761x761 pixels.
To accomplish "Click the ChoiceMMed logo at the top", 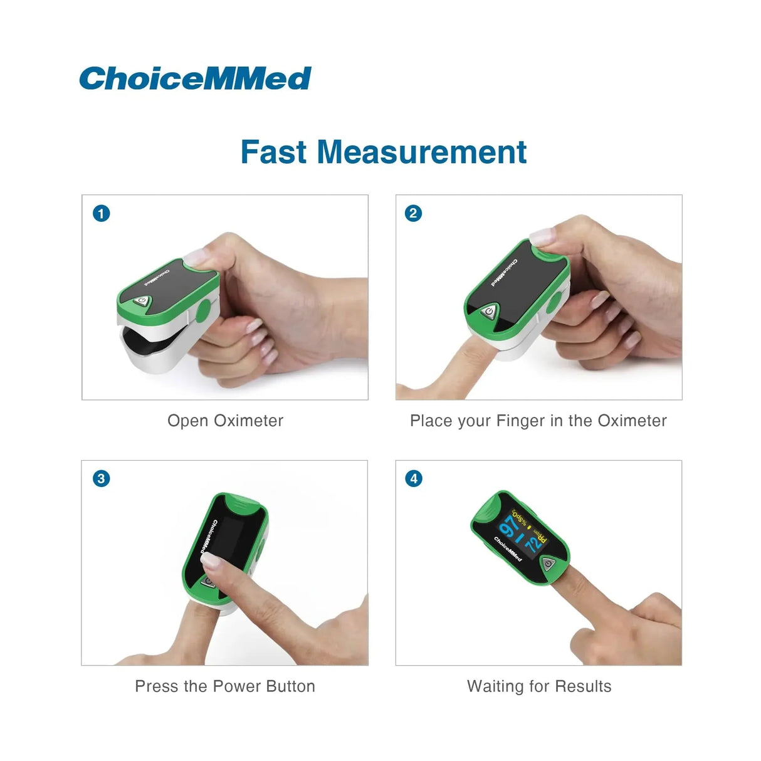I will point(195,79).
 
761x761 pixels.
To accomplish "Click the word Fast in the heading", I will point(274,152).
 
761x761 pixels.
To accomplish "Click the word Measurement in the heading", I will point(421,152).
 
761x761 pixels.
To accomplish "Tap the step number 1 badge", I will point(101,213).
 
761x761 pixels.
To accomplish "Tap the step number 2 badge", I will point(413,213).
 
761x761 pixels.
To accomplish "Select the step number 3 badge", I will point(101,479).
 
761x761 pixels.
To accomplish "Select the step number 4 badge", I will point(413,479).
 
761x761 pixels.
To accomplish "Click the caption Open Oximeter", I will point(225,421).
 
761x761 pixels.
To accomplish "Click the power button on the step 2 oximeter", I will point(489,311).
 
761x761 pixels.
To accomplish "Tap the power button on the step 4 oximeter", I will point(548,564).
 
